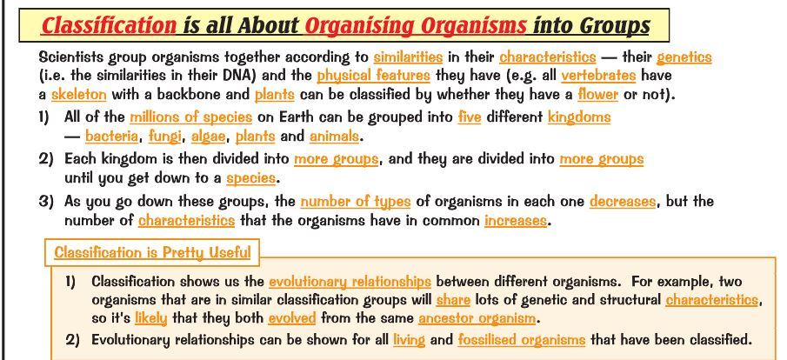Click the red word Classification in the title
point(109,25)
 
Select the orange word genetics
point(684,57)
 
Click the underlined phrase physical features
point(373,77)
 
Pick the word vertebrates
point(598,76)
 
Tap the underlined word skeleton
point(79,95)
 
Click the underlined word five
point(470,117)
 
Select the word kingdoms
point(579,117)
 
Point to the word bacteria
point(111,136)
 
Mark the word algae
point(209,137)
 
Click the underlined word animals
point(334,136)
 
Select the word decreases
point(623,202)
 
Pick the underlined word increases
point(516,221)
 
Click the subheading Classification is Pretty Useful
point(152,252)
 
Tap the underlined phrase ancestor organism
point(477,318)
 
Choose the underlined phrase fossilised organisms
point(522,340)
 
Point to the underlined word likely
point(150,318)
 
